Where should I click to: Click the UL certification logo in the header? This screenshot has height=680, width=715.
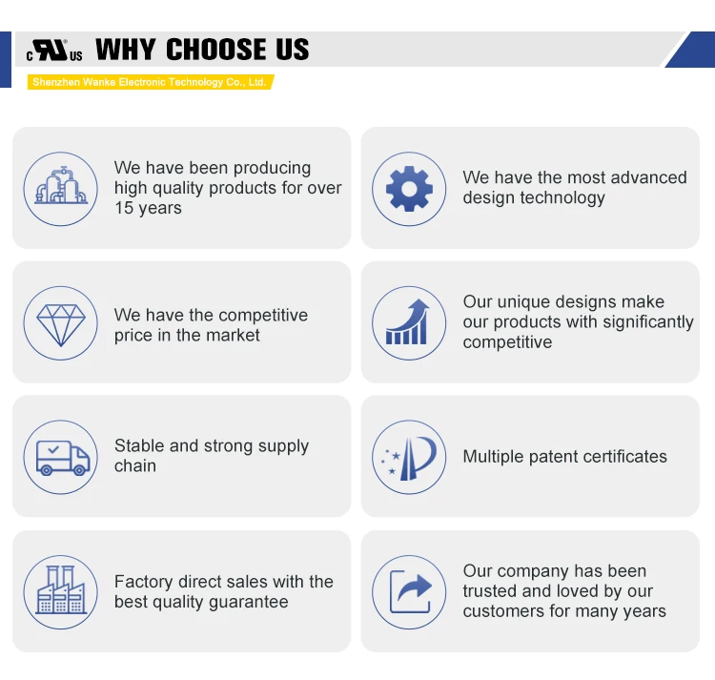[x=54, y=51]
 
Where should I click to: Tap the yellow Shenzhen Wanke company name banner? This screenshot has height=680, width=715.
[x=150, y=82]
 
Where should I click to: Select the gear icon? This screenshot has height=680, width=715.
[x=409, y=189]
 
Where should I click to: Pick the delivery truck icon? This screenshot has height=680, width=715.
[x=63, y=458]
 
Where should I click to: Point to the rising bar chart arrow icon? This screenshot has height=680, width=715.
[x=408, y=322]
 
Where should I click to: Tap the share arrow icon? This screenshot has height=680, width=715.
[x=410, y=592]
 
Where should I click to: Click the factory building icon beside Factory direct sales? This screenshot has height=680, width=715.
[x=61, y=589]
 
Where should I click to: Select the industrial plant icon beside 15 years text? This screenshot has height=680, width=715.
[x=61, y=185]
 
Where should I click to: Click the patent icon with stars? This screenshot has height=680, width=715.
[x=409, y=459]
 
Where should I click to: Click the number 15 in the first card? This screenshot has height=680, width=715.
[x=124, y=208]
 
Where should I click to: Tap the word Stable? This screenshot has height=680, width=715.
[x=139, y=445]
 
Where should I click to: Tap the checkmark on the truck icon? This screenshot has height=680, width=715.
[x=53, y=450]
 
